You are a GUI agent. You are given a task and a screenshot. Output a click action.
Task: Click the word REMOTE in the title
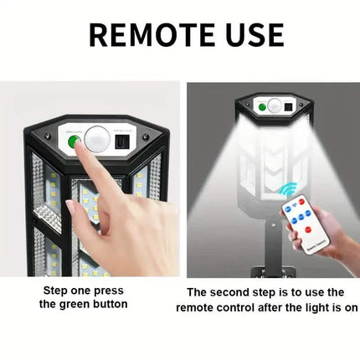(152, 35)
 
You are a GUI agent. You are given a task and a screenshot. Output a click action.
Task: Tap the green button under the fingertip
(74, 142)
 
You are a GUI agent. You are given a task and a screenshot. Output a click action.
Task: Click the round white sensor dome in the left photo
(97, 139)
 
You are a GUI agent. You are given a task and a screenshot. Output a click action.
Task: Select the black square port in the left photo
(122, 142)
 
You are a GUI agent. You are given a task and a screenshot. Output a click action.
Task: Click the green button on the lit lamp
(262, 107)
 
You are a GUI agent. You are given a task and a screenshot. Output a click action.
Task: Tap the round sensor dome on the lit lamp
(274, 105)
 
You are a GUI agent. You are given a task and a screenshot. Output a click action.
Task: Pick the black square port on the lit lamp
(288, 107)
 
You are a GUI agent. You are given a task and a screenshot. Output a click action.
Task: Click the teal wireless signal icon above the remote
(288, 189)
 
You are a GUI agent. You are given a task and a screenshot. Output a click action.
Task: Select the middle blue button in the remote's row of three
(301, 217)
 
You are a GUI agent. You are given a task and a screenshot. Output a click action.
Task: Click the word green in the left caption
(75, 304)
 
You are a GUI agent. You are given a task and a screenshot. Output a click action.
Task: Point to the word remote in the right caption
(195, 308)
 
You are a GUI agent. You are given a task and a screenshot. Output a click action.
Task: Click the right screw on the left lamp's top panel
(145, 137)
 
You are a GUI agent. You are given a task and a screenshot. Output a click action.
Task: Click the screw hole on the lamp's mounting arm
(274, 224)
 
